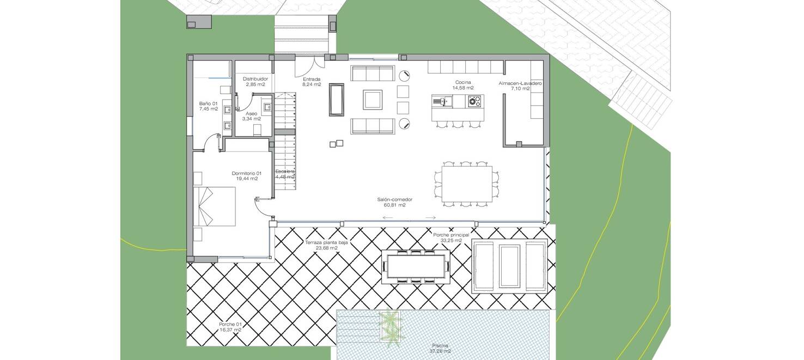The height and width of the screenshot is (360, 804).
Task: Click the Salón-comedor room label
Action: click(394, 199)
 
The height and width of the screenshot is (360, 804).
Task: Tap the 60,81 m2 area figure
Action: click(394, 205)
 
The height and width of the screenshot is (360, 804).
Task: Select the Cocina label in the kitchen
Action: click(464, 82)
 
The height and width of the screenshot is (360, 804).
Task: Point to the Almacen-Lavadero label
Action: click(520, 83)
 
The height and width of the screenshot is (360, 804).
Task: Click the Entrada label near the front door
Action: click(312, 79)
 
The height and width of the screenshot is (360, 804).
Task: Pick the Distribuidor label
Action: click(255, 79)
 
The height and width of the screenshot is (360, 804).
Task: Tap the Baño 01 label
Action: click(209, 103)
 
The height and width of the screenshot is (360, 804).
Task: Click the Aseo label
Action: click(251, 113)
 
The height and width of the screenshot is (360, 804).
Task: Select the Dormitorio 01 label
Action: click(247, 173)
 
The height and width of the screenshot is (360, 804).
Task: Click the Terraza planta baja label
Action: click(326, 242)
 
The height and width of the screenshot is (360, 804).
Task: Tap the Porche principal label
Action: click(451, 235)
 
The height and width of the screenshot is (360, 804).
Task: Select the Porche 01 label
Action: click(230, 324)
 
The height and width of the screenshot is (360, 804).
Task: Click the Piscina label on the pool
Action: click(440, 345)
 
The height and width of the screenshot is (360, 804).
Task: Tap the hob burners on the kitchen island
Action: click(474, 101)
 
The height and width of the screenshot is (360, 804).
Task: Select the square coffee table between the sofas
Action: click(374, 100)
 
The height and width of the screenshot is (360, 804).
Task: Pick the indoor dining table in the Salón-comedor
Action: click(466, 184)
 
